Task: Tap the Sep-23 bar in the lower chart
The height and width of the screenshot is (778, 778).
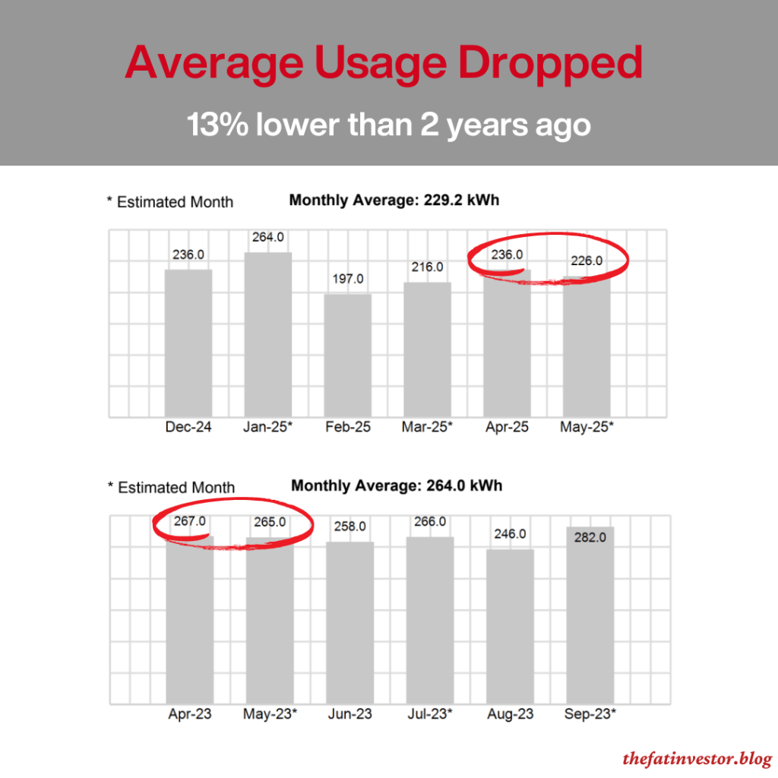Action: pos(590,623)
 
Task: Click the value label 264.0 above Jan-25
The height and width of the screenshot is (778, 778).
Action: pos(267,237)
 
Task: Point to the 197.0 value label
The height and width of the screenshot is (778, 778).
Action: pos(348,279)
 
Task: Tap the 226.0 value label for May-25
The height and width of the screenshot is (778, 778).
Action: pos(586,261)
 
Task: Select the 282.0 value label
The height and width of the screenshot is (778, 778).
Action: pos(590,537)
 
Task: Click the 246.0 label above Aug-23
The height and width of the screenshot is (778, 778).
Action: pos(509,534)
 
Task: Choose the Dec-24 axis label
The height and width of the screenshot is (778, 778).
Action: pos(188,427)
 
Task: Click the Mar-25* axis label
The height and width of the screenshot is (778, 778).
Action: pos(427,427)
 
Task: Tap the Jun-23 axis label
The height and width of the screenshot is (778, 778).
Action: pos(349,714)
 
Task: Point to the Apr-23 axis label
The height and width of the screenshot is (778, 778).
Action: pos(189,714)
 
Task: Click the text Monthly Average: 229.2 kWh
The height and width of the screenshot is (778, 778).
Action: pos(394,201)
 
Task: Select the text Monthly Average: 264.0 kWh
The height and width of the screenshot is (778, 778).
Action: pos(397,485)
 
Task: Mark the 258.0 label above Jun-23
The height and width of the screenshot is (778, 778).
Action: pos(349,526)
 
